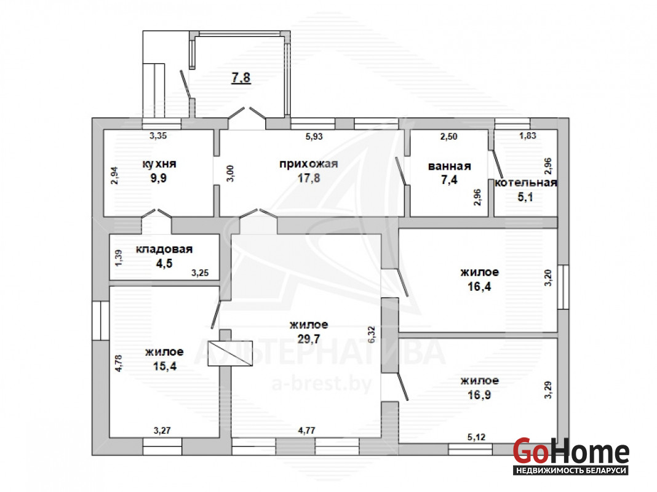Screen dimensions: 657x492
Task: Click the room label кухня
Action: (x=159, y=164)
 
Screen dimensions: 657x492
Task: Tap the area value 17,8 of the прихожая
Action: (x=309, y=178)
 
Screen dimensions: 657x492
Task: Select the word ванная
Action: (x=450, y=166)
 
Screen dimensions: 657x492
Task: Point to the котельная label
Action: (x=526, y=183)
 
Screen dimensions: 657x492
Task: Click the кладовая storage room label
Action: (x=164, y=249)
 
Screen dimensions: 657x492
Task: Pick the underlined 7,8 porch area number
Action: (x=241, y=77)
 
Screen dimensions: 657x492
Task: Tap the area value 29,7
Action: (x=309, y=339)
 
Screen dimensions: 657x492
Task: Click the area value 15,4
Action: (x=165, y=366)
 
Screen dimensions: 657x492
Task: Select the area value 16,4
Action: (x=479, y=287)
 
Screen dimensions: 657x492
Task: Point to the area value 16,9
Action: (x=479, y=395)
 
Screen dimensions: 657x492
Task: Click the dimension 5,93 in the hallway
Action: (x=314, y=137)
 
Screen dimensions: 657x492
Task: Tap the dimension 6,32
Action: (x=372, y=335)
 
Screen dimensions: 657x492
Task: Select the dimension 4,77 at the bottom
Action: (x=307, y=430)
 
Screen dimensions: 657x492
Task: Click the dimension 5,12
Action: (x=476, y=437)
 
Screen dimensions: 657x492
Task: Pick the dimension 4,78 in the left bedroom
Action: (x=119, y=363)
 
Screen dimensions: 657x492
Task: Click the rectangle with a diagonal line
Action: (x=231, y=354)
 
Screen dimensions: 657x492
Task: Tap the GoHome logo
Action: (x=571, y=456)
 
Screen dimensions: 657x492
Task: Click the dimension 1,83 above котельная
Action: (x=528, y=136)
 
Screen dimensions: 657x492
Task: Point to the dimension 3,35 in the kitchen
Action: (x=158, y=136)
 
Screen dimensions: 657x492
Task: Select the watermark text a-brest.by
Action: (x=321, y=383)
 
